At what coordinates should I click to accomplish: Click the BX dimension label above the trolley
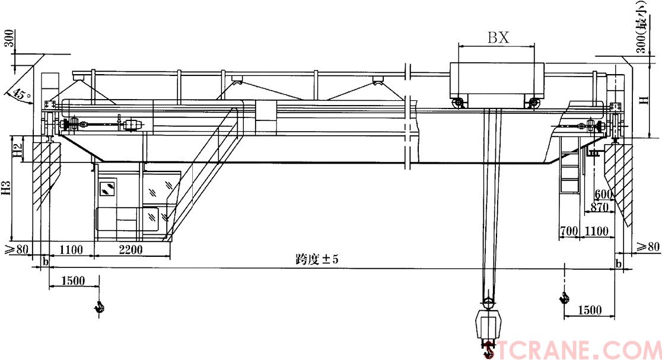499,37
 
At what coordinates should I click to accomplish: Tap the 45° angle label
21,94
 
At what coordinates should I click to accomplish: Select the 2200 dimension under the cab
131,250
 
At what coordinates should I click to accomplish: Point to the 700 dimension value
569,231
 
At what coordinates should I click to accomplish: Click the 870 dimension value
600,207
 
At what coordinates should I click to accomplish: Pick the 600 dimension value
604,195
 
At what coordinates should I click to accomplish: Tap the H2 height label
17,151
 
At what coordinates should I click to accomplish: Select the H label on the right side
644,100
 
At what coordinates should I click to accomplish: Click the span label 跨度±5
317,259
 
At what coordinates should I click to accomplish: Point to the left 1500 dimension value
73,281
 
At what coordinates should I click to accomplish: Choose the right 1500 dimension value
590,310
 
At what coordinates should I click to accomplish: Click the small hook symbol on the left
100,307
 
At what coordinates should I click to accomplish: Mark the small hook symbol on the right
564,298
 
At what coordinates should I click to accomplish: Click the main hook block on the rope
489,324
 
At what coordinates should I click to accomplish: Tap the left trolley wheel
457,103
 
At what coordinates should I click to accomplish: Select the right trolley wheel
534,103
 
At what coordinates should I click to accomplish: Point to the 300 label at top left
9,39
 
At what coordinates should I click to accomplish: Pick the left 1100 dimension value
71,250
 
